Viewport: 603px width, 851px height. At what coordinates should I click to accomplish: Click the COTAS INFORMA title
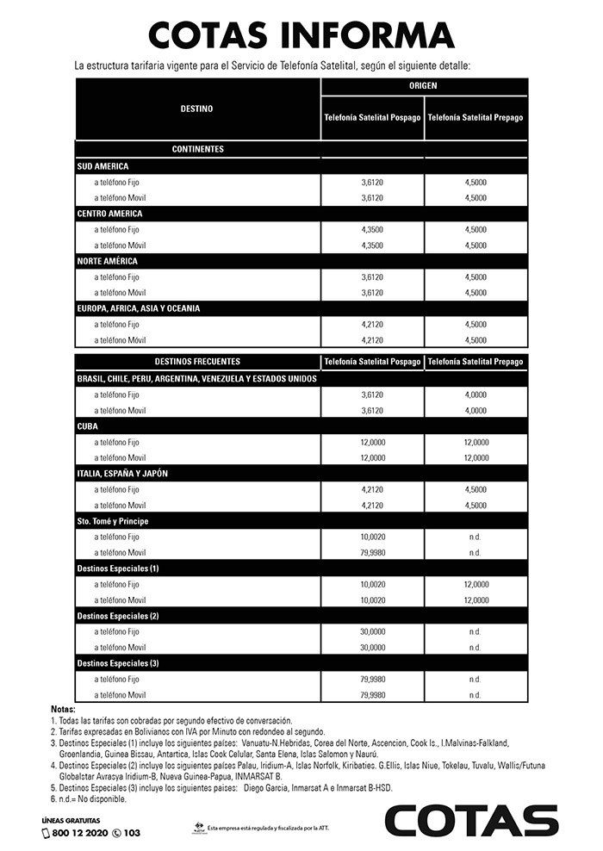click(301, 34)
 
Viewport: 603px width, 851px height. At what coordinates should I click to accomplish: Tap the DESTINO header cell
click(197, 109)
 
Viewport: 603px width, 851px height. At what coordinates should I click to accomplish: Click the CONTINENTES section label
click(197, 149)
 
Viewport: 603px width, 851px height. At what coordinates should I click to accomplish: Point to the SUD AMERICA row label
click(103, 165)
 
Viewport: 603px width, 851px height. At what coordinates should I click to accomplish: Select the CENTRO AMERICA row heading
click(109, 213)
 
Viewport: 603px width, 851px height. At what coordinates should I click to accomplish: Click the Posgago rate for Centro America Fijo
click(373, 230)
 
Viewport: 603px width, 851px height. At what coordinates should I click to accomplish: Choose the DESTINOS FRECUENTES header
click(197, 362)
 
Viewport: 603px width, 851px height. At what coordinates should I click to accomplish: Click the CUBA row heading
click(88, 425)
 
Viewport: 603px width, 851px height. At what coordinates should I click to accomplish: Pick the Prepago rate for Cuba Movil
click(475, 457)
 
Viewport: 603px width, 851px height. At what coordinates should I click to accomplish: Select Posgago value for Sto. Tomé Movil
click(373, 552)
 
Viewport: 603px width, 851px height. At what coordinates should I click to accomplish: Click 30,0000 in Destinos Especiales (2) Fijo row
click(373, 631)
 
